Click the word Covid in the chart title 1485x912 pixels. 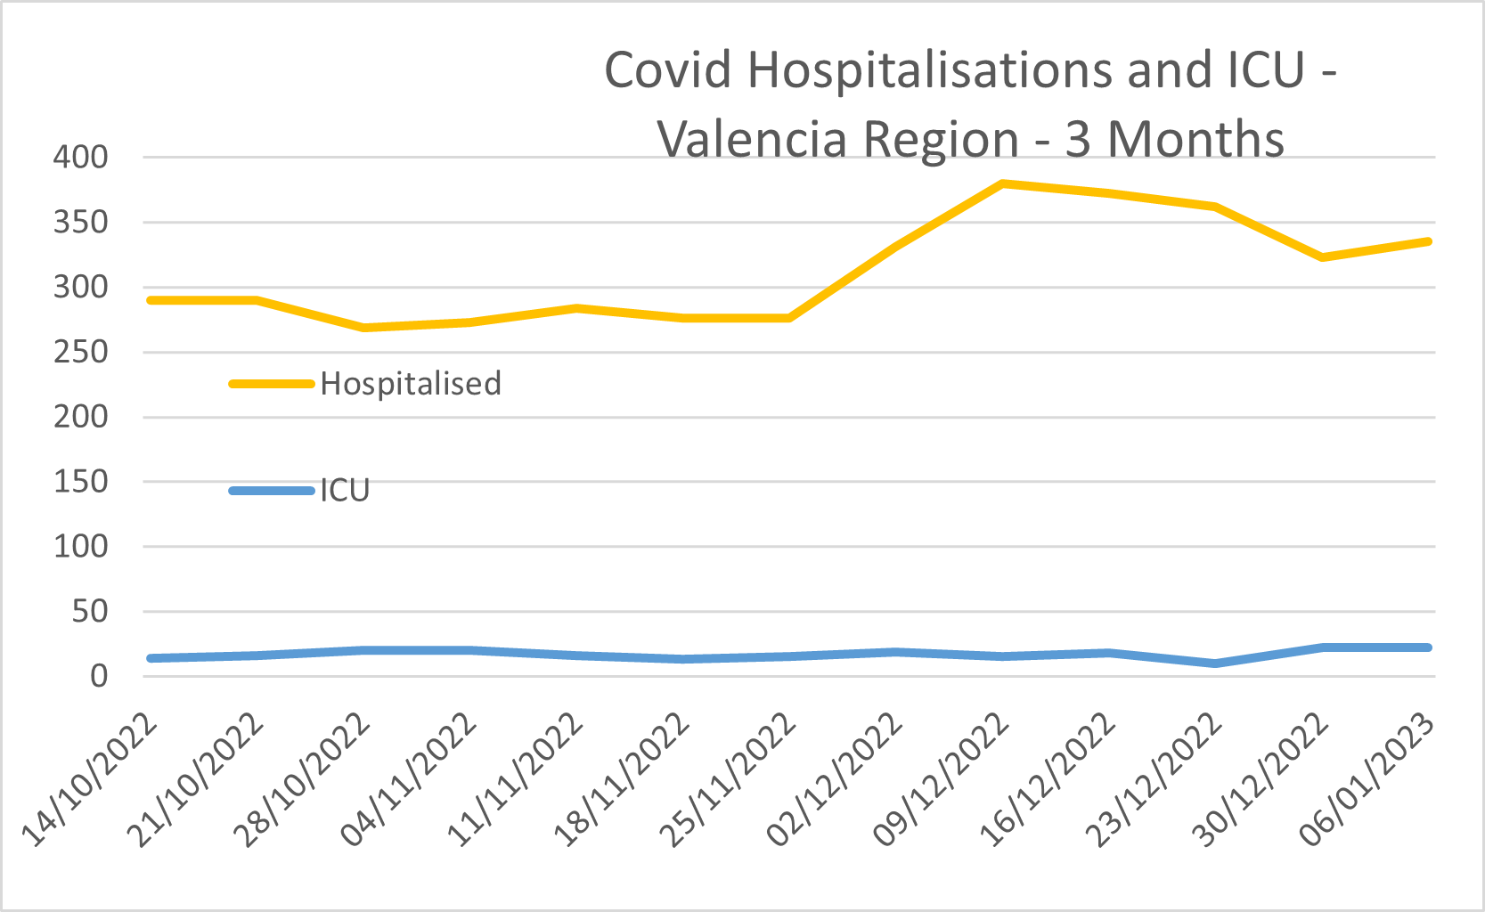(x=667, y=70)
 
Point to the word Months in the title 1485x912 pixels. (x=1195, y=140)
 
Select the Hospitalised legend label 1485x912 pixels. (x=411, y=384)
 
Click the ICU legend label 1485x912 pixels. (x=345, y=491)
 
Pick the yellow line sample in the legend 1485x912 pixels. (x=272, y=384)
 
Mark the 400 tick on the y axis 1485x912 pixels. (x=80, y=158)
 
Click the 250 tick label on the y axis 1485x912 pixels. (x=80, y=352)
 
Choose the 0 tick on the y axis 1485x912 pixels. (x=98, y=676)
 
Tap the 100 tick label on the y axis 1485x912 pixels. (x=80, y=546)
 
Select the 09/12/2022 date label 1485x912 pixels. (x=942, y=780)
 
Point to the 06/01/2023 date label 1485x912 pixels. (x=1367, y=780)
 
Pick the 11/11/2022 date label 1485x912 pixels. (x=516, y=780)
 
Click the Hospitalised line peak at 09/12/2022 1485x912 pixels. (x=1002, y=184)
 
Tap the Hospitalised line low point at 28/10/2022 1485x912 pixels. (x=363, y=328)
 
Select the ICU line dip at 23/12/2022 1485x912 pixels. (x=1215, y=664)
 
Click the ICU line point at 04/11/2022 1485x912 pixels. (x=469, y=650)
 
